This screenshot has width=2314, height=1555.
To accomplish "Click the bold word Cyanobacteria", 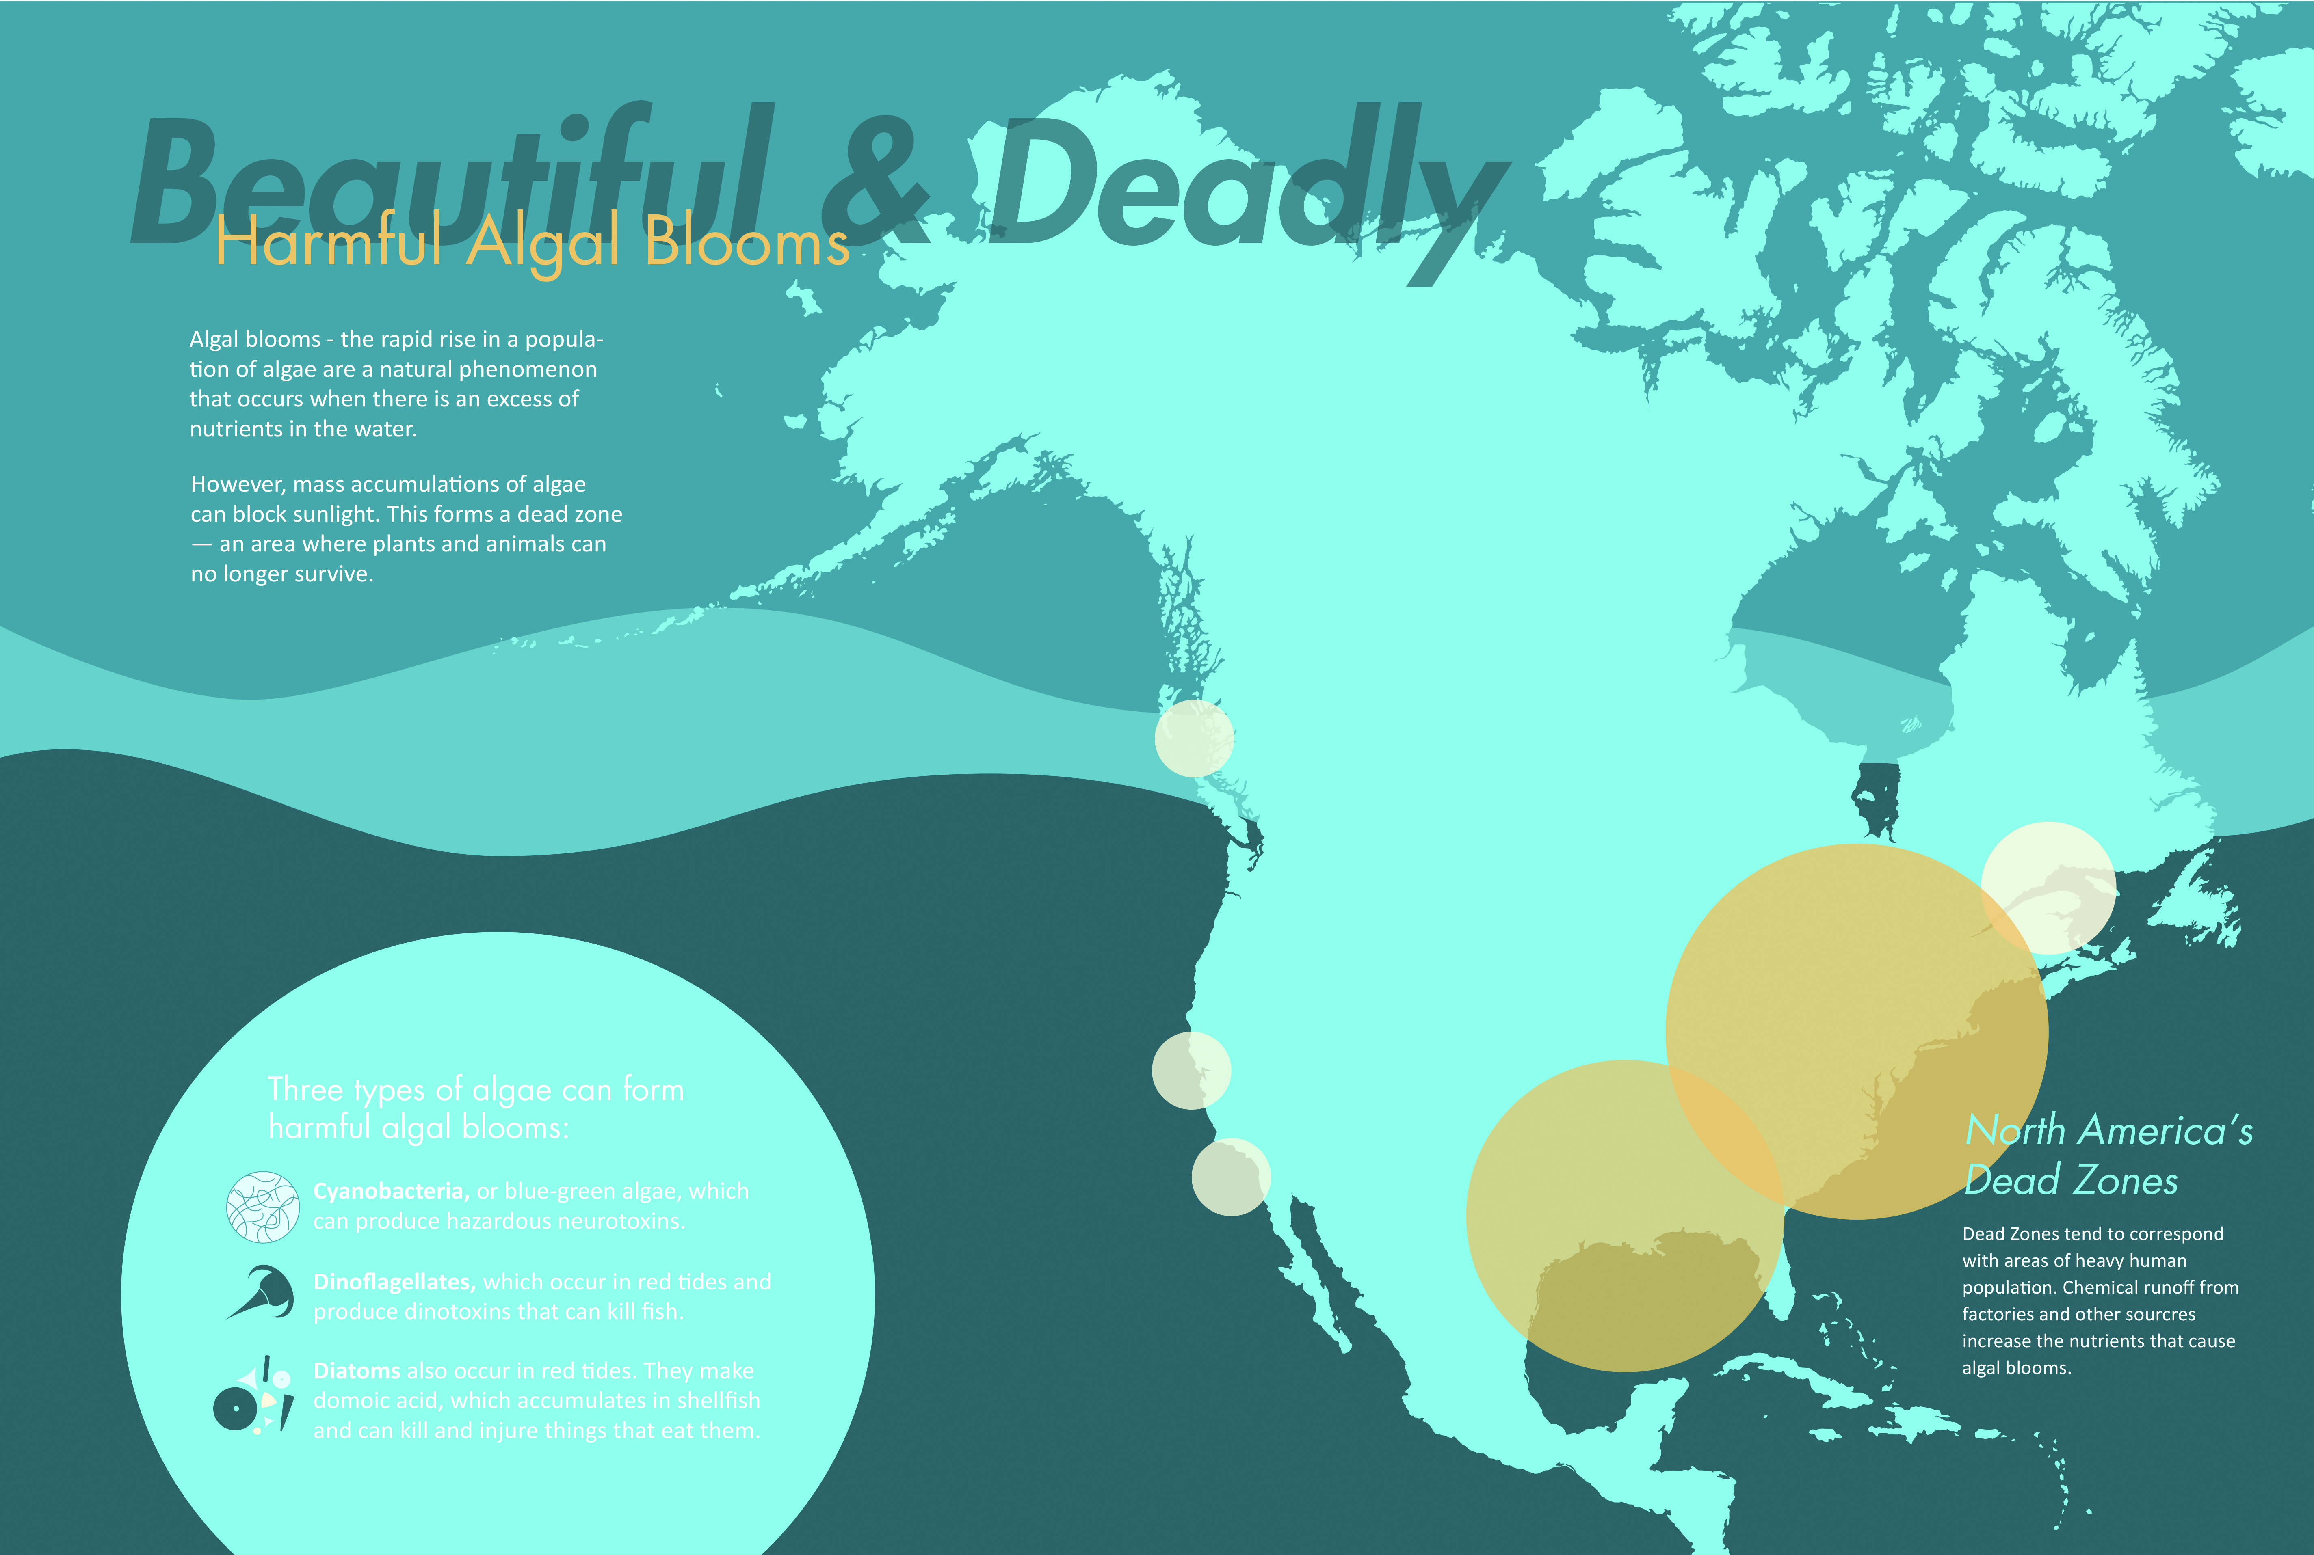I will pos(391,1191).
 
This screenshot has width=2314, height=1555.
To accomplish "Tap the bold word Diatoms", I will pos(357,1371).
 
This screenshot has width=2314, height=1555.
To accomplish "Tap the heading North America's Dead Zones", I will pos(2108,1155).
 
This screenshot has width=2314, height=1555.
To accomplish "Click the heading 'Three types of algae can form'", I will pos(476,1090).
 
